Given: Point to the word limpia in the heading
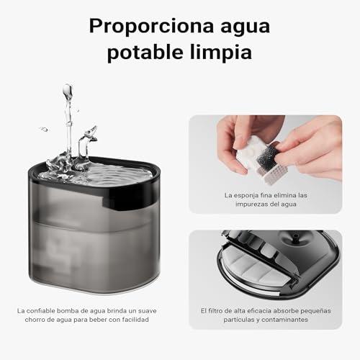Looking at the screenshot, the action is (221, 53).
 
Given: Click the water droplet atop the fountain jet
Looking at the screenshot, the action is (68, 91).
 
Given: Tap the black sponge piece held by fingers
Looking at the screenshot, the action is (267, 153).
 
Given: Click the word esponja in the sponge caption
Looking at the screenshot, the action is (248, 196).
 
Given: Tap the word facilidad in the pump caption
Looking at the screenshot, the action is (135, 320).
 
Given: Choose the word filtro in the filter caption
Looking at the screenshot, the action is (215, 311).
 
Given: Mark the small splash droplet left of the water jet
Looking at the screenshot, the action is (44, 129).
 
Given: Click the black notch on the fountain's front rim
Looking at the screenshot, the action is (129, 201).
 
